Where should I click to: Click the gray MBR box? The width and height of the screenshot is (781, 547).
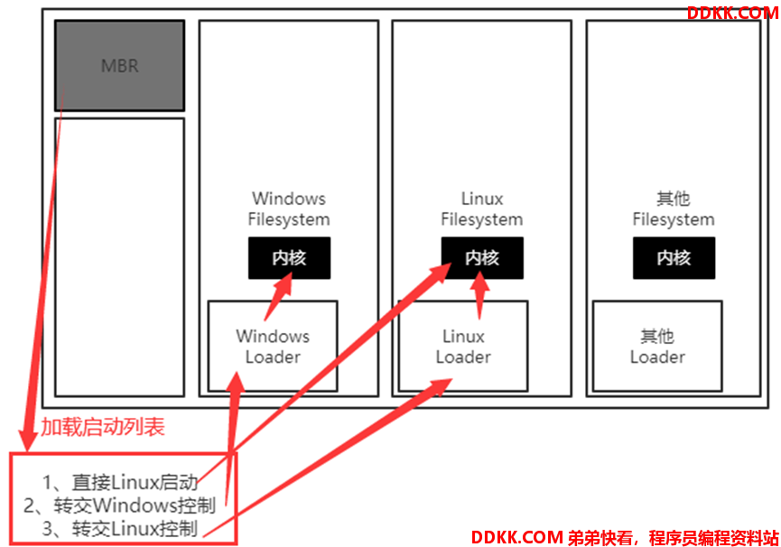click(119, 65)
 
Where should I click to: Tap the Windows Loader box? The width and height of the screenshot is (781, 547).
click(273, 346)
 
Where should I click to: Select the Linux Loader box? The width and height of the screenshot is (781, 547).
click(462, 346)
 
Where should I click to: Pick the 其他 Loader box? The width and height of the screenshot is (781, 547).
click(657, 346)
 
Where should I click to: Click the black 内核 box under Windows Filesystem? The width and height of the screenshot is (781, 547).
click(290, 258)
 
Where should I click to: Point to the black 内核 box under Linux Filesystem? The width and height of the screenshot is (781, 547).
click(482, 258)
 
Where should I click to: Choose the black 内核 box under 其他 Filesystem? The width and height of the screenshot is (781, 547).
click(674, 258)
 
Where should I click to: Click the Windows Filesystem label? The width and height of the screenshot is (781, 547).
click(289, 209)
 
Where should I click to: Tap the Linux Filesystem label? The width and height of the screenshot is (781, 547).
click(481, 209)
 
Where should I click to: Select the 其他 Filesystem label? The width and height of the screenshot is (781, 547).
click(674, 209)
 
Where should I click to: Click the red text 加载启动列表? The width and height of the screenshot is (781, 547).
click(103, 427)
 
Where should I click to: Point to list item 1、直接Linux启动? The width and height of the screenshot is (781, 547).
click(120, 482)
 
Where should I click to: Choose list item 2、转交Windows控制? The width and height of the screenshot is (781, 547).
click(119, 505)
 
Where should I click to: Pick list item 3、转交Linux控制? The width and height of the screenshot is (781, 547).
click(120, 529)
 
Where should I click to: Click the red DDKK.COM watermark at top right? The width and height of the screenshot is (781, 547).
click(732, 13)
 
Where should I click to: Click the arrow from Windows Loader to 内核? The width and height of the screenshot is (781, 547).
click(278, 296)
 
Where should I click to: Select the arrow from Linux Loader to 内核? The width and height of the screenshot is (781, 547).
click(479, 295)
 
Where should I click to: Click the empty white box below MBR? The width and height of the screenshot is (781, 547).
click(119, 257)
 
